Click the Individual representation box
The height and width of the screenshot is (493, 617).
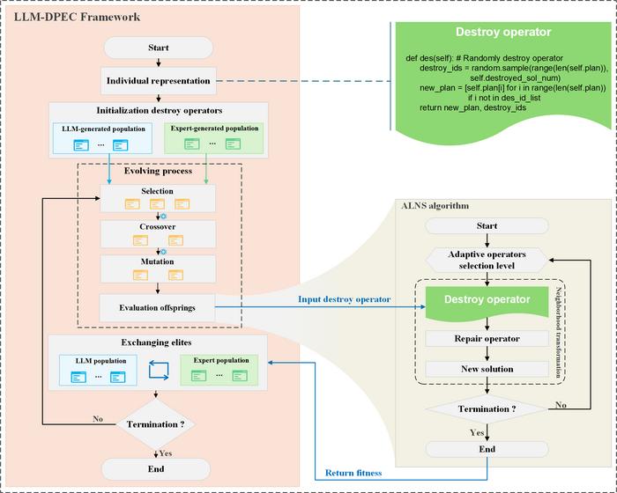(159, 81)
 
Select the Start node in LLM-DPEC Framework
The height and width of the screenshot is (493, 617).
(158, 48)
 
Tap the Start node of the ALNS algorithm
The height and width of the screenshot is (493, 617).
(487, 226)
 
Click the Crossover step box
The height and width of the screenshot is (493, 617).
(158, 234)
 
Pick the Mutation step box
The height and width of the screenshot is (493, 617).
(158, 269)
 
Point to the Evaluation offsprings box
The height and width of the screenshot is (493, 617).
(158, 307)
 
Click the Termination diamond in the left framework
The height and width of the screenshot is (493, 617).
(155, 424)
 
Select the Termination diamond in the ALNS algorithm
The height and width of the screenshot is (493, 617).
(487, 408)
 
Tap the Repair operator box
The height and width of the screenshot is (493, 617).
(487, 338)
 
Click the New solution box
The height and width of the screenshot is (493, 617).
(487, 369)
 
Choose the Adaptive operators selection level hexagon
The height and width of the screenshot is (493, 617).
(487, 260)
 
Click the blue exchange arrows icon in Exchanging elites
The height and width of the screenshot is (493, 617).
(159, 371)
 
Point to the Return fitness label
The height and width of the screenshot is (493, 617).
(353, 473)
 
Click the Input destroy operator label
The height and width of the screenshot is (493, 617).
(345, 299)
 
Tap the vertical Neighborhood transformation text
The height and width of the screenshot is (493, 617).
(558, 332)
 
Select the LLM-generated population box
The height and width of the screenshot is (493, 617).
(103, 138)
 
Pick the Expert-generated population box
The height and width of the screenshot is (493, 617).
(214, 137)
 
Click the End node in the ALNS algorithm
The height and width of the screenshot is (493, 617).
(487, 449)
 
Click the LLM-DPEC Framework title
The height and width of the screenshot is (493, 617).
(78, 18)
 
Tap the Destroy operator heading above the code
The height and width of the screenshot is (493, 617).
(503, 32)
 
